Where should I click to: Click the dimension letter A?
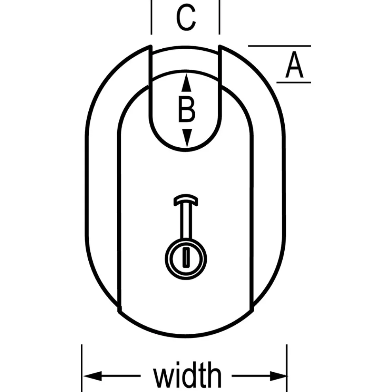coord(294,66)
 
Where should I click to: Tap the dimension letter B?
coord(186,110)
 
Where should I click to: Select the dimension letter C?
coord(186,19)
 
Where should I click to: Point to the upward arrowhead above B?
coord(186,82)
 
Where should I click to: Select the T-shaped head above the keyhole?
coord(185,199)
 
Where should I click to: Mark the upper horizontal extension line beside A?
coord(279,46)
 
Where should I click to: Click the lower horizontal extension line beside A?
coord(293,82)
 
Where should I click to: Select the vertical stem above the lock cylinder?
coord(185,222)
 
